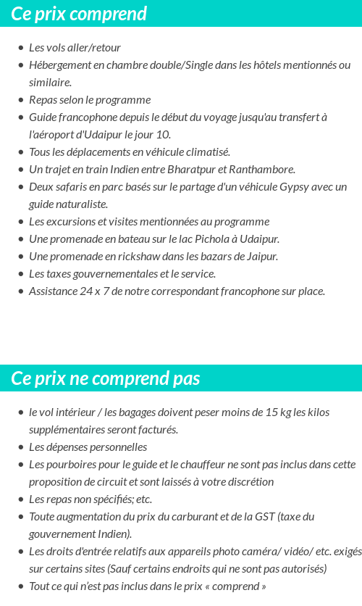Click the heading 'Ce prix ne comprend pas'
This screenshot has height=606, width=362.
(x=106, y=378)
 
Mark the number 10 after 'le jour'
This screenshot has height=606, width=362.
(x=164, y=135)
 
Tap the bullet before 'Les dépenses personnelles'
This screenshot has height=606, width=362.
(x=20, y=447)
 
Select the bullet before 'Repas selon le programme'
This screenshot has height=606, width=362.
(x=20, y=100)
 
